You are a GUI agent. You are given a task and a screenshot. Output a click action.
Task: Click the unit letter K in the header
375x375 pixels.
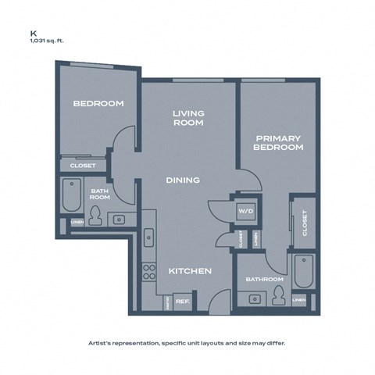tap(33, 34)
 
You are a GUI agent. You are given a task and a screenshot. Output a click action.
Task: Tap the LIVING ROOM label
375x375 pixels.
tap(188, 118)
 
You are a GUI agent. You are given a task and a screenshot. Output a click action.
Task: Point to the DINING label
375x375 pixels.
tap(183, 180)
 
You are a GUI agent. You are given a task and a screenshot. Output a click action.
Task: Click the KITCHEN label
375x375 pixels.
tap(191, 271)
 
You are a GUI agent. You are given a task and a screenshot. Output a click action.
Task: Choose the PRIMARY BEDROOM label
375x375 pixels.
tap(279, 142)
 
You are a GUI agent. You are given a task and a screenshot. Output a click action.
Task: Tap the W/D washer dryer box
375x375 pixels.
tap(247, 210)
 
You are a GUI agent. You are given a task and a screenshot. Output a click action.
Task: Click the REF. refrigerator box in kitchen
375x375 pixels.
tap(183, 301)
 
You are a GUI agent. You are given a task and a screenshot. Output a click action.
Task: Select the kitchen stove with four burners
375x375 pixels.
tap(148, 273)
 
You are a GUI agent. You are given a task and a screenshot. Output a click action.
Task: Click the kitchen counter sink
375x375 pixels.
tap(148, 234)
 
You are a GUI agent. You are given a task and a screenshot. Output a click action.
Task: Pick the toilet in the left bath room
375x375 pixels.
tap(96, 214)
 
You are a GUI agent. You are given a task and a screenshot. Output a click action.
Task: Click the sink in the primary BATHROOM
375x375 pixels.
tap(254, 298)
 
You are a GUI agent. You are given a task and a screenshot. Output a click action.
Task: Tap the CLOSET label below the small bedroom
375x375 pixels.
tap(83, 166)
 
